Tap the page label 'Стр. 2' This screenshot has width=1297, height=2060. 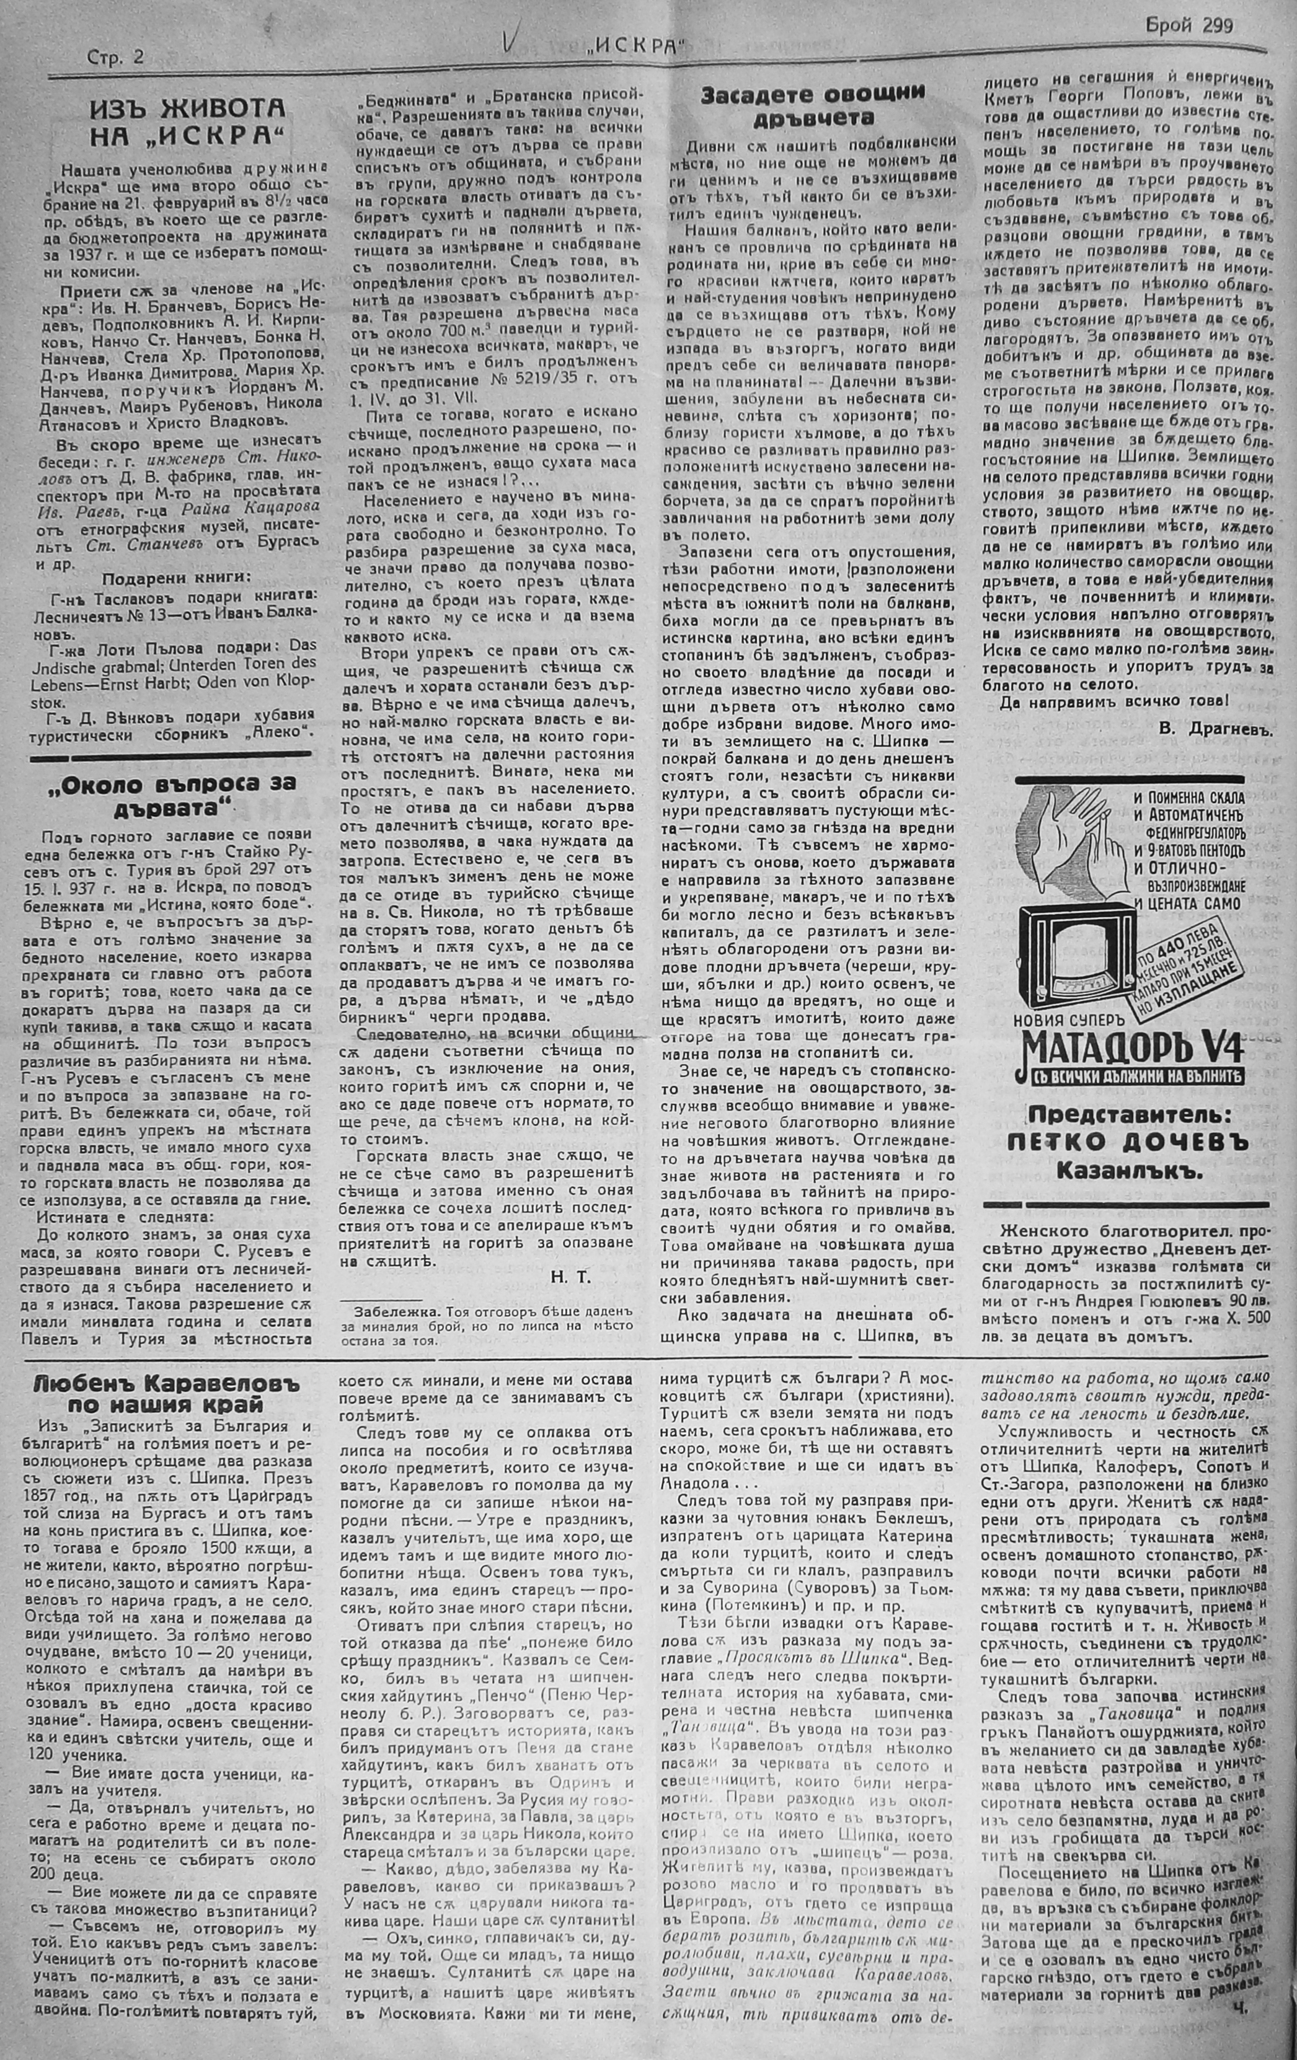pyautogui.click(x=115, y=56)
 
